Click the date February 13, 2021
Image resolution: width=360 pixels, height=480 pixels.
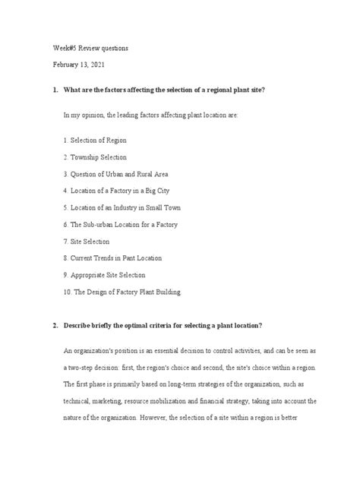point(78,65)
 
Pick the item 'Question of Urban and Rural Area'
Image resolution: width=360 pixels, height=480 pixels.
point(116,175)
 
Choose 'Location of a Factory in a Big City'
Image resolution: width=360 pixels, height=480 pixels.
point(118,191)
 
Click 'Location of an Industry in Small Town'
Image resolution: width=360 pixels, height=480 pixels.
point(122,207)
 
